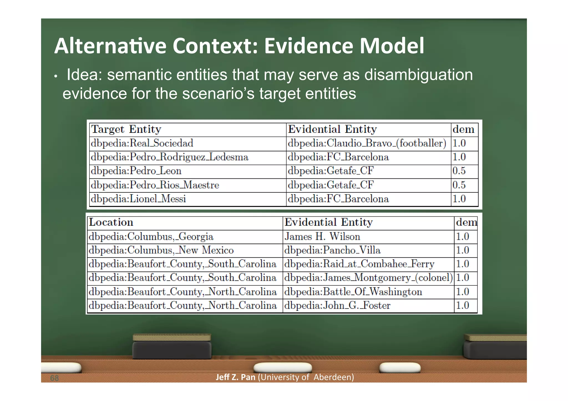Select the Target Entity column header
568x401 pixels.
pyautogui.click(x=126, y=129)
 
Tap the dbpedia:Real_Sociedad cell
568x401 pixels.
pyautogui.click(x=142, y=143)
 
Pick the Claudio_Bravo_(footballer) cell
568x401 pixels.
pyautogui.click(x=367, y=143)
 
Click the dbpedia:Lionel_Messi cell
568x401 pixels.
pyautogui.click(x=138, y=199)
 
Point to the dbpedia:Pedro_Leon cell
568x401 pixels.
pyautogui.click(x=136, y=171)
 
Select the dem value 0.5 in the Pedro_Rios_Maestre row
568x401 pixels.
pyautogui.click(x=459, y=185)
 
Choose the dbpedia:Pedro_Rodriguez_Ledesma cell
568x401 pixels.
pyautogui.click(x=170, y=157)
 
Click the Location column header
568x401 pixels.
pyautogui.click(x=111, y=223)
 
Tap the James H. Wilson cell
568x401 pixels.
pyautogui.click(x=322, y=236)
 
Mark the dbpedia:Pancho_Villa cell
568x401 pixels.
pyautogui.click(x=332, y=250)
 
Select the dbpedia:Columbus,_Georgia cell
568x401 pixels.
pyautogui.click(x=151, y=236)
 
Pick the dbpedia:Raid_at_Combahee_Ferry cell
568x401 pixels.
pyautogui.click(x=359, y=264)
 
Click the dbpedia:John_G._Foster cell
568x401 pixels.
pyautogui.click(x=337, y=305)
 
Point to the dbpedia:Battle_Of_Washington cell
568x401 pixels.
pyautogui.click(x=353, y=292)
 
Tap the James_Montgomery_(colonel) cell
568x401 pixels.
pyautogui.click(x=368, y=278)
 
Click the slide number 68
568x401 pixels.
pyautogui.click(x=54, y=378)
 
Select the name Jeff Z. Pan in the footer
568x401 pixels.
pyautogui.click(x=235, y=377)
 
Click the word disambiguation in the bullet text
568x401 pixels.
pyautogui.click(x=418, y=75)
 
